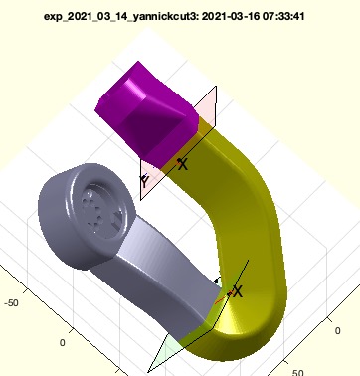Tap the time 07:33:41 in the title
pos(283,16)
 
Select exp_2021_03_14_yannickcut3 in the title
pos(120,17)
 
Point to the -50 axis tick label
pos(12,303)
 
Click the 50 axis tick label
pos(297,372)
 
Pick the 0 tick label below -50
pos(62,343)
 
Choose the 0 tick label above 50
pos(337,330)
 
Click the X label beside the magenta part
pos(183,164)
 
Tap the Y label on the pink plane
pos(145,181)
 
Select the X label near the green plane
pos(238,291)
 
